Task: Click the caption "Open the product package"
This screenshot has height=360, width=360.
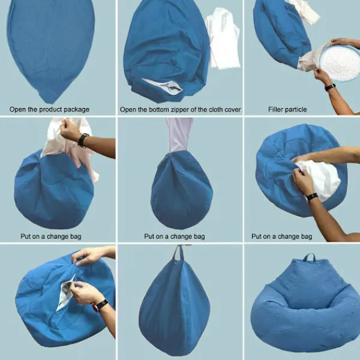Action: pyautogui.click(x=49, y=109)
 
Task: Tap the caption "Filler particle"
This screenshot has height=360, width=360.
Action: pyautogui.click(x=287, y=109)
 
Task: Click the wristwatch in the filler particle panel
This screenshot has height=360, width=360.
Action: pyautogui.click(x=330, y=87)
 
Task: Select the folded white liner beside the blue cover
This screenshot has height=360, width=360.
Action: pyautogui.click(x=223, y=38)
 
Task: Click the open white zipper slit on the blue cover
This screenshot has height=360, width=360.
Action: pyautogui.click(x=163, y=86)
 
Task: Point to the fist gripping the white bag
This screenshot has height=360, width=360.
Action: pyautogui.click(x=68, y=130)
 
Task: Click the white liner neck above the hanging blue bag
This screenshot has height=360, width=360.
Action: pyautogui.click(x=179, y=135)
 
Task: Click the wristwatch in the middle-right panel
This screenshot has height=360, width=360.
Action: pyautogui.click(x=312, y=197)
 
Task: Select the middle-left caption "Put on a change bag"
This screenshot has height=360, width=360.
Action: pyautogui.click(x=51, y=236)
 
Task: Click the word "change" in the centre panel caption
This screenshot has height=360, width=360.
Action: pyautogui.click(x=181, y=236)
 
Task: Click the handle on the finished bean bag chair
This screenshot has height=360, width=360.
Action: pyautogui.click(x=309, y=257)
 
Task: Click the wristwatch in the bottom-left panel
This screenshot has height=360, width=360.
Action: pyautogui.click(x=101, y=305)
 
